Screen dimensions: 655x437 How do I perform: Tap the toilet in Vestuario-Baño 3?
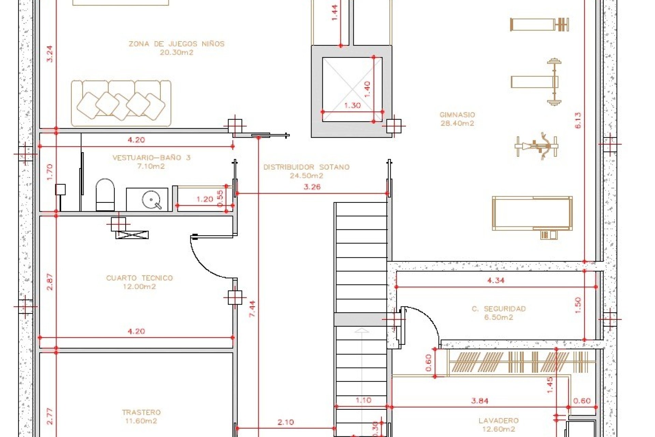coord(105,195)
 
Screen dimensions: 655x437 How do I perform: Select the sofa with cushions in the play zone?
coord(121,103)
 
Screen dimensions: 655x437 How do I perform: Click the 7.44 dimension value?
coord(252,309)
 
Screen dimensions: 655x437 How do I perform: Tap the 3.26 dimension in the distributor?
coord(312,187)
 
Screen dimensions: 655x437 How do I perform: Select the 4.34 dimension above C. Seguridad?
coord(496,280)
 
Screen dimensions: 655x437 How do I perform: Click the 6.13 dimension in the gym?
coord(578,121)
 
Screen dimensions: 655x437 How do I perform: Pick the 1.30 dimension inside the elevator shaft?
coord(352,105)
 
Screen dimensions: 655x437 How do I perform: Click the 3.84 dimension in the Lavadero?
coord(480,401)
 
